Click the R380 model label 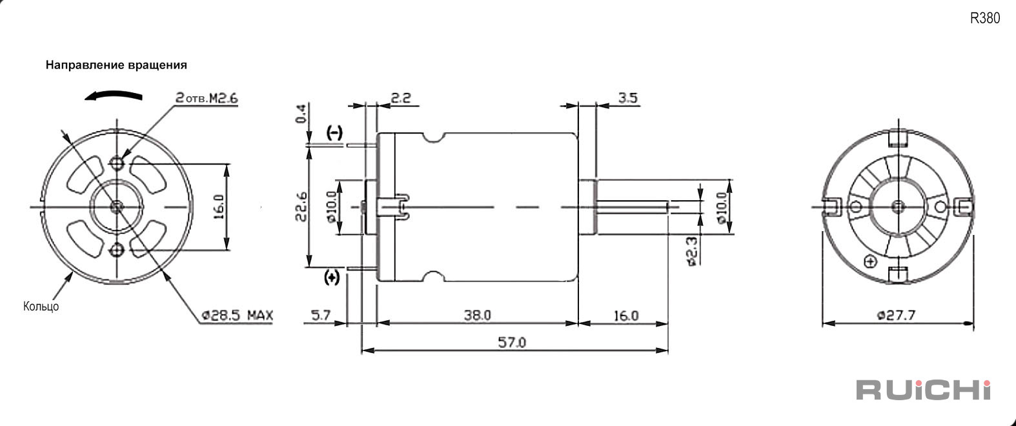coord(985,18)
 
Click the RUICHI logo coord(923,390)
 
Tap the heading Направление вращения coord(116,65)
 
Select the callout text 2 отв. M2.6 coord(207,98)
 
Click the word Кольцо coord(41,306)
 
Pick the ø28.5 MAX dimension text coord(238,315)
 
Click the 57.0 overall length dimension coord(512,342)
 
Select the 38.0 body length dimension coord(477,315)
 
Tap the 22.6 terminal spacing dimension coord(301,207)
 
